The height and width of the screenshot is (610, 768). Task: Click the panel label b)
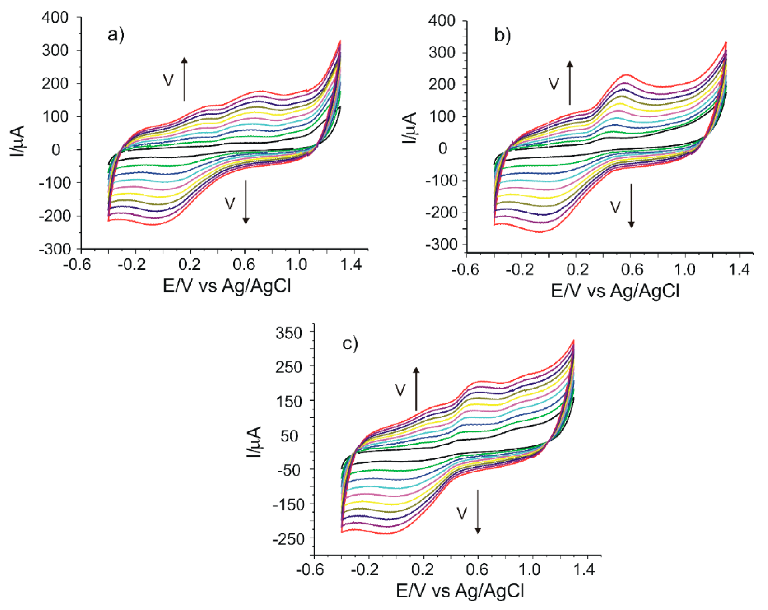pos(502,36)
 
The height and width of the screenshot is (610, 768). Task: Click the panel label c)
pos(350,344)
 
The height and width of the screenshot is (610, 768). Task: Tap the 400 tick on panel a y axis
pos(55,17)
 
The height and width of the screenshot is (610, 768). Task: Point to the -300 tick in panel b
pos(442,245)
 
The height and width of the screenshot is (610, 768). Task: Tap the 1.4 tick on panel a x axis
pos(351,265)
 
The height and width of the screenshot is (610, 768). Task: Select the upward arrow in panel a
pos(184,79)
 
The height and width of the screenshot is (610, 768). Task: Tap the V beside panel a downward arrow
pos(230,203)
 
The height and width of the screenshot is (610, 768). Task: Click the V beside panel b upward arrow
pos(553,84)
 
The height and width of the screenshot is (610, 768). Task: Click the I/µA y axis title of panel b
pos(410,128)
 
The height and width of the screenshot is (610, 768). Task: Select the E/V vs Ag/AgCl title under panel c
pos(460,591)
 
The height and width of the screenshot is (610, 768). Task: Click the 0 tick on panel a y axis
pos(56,150)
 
